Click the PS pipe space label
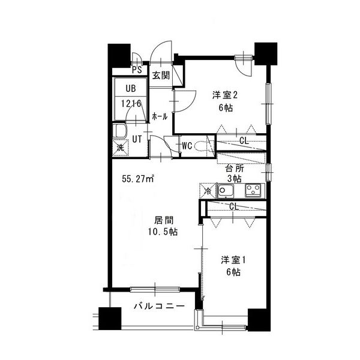click(137, 70)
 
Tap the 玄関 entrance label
click(161, 76)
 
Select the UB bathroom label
click(131, 88)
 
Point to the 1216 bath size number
click(131, 104)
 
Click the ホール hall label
click(160, 117)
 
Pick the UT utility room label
click(137, 139)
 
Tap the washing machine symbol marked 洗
click(121, 148)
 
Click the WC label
click(187, 146)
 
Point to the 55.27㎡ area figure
click(138, 179)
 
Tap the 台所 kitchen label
click(235, 169)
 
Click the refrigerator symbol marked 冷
click(208, 190)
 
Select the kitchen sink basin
click(226, 191)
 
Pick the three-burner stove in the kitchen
click(253, 190)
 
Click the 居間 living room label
click(163, 220)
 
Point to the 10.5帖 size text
click(163, 232)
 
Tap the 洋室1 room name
click(233, 260)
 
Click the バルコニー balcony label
click(159, 306)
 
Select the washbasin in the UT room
click(120, 131)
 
